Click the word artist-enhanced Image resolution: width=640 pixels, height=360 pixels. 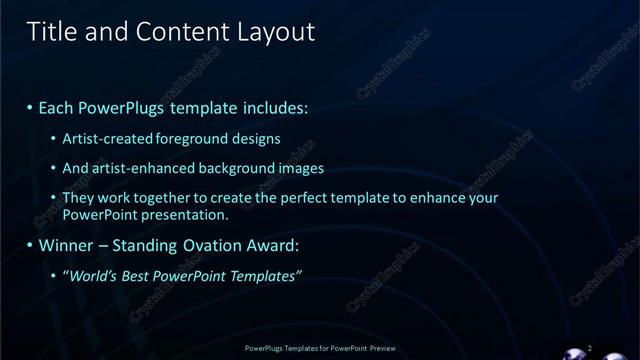click(135, 168)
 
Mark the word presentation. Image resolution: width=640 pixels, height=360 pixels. click(187, 214)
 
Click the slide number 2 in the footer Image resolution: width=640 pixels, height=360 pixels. click(589, 347)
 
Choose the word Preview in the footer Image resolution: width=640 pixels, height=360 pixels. click(378, 347)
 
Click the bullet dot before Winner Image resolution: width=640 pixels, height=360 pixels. click(30, 245)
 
